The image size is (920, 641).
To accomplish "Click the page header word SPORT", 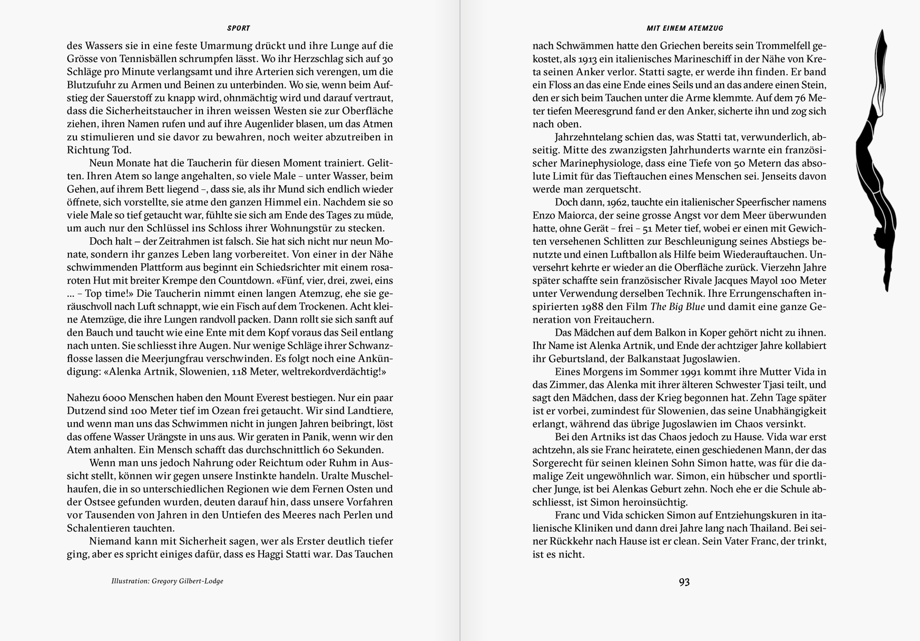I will point(239,28).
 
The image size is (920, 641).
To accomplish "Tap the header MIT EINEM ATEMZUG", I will point(684,28).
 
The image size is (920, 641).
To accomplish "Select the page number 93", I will point(684,582).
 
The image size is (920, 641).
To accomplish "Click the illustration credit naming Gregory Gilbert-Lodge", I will point(167,581).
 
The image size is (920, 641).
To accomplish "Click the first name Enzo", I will point(544,215).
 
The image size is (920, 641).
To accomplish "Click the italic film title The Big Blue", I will point(677,307).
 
